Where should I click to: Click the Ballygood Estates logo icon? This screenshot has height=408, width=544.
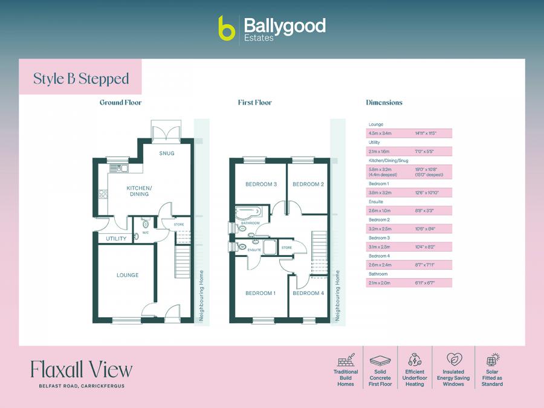227,28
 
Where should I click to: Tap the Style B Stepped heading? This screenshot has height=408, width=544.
81,79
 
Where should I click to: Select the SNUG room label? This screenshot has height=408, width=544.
167,154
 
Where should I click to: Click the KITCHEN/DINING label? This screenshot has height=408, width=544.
138,192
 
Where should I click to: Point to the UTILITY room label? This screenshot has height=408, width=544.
116,239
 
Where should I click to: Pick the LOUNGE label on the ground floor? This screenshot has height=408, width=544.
128,276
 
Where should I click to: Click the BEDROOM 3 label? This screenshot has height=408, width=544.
261,184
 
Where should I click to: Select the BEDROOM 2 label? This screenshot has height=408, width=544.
309,184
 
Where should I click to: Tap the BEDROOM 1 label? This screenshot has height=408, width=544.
260,293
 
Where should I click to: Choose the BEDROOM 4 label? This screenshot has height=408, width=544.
308,293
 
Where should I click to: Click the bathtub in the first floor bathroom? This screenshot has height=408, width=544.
248,213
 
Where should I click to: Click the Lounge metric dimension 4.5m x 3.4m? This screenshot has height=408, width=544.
380,133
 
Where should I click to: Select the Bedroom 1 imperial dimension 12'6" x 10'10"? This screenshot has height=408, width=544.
427,193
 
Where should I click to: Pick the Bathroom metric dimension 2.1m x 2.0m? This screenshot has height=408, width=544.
380,283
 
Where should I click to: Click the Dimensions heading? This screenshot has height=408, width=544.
384,103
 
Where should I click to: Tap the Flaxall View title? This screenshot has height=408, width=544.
81,369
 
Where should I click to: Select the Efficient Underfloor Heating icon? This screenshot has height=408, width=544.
415,360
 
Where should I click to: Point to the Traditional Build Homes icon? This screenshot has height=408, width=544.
346,360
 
